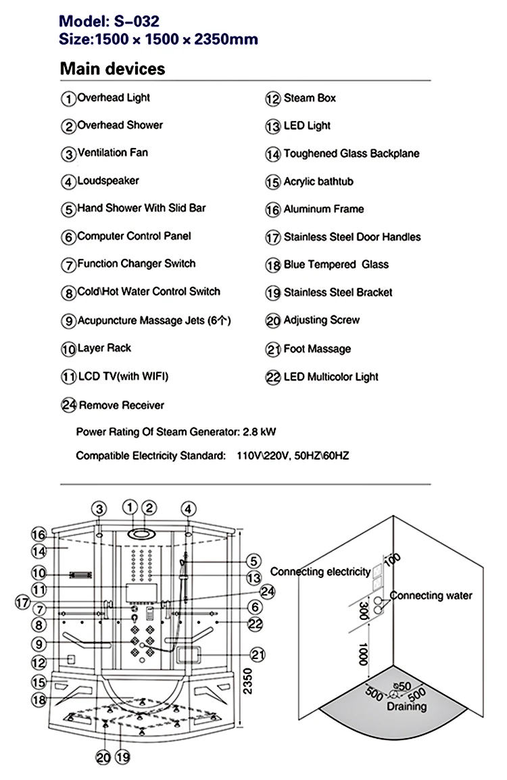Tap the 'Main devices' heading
tap(112, 69)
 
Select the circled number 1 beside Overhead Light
tap(68, 99)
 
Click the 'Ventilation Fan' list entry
tap(112, 153)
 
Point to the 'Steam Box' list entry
tap(309, 99)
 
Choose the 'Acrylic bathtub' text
tap(318, 182)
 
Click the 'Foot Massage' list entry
tap(316, 349)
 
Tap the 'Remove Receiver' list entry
tap(121, 406)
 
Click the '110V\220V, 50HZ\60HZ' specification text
tap(293, 456)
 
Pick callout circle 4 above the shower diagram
tap(188, 509)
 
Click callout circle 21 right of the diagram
tap(256, 654)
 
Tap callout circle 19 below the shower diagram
tap(122, 757)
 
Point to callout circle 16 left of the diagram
tap(38, 534)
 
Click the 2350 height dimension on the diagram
tap(249, 683)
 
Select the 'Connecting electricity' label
tap(320, 572)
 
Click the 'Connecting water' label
tap(431, 595)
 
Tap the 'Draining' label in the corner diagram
tap(406, 707)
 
